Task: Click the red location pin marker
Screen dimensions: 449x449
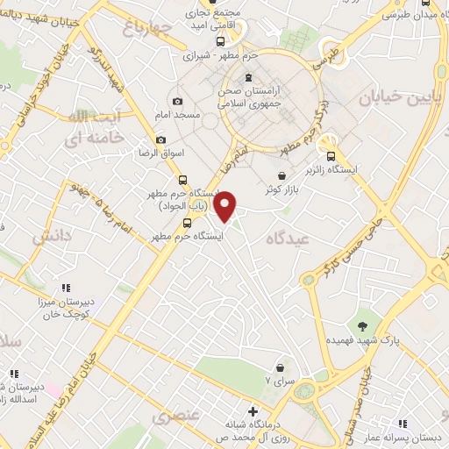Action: pos(226,205)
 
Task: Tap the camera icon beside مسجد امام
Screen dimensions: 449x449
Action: pos(178,103)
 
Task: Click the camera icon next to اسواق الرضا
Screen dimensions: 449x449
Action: pos(160,140)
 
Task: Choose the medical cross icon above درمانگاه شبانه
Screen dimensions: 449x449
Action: pos(253,410)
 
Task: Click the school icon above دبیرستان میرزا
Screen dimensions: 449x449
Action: pos(65,288)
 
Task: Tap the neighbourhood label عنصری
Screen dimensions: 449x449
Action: pos(176,415)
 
